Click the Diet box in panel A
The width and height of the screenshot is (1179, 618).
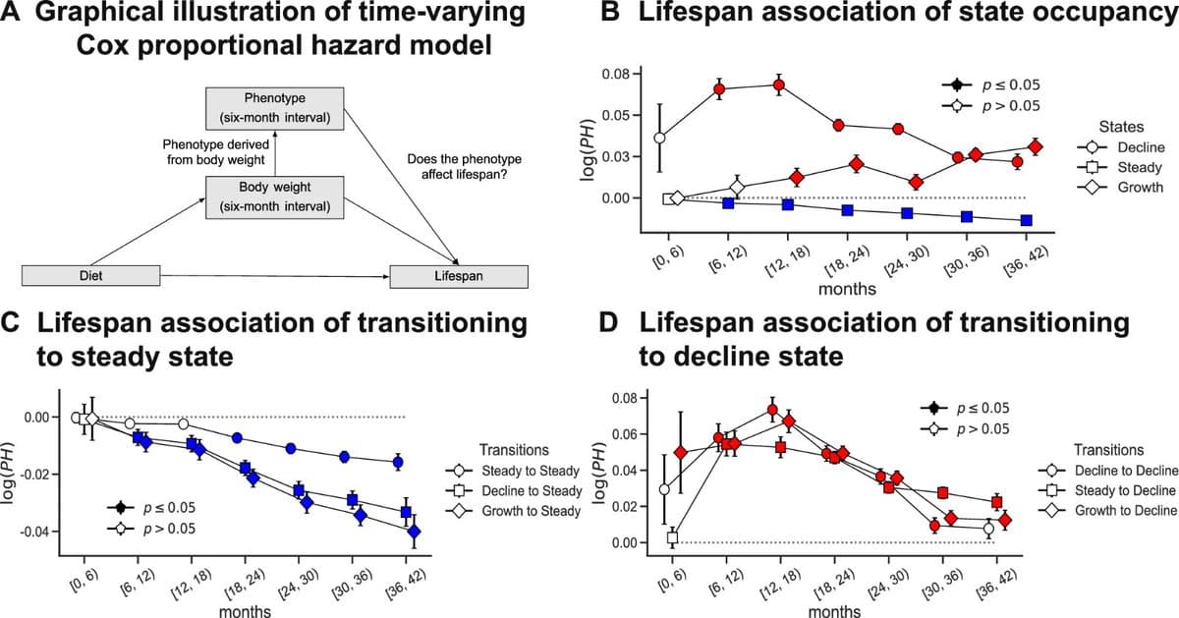90,276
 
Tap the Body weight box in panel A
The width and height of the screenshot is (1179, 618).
274,197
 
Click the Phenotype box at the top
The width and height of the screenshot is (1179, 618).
274,108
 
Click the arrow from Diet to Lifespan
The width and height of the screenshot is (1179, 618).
275,276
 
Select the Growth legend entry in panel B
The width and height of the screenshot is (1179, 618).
1128,187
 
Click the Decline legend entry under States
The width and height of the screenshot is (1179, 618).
1128,147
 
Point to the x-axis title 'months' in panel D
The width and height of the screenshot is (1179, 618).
834,610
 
